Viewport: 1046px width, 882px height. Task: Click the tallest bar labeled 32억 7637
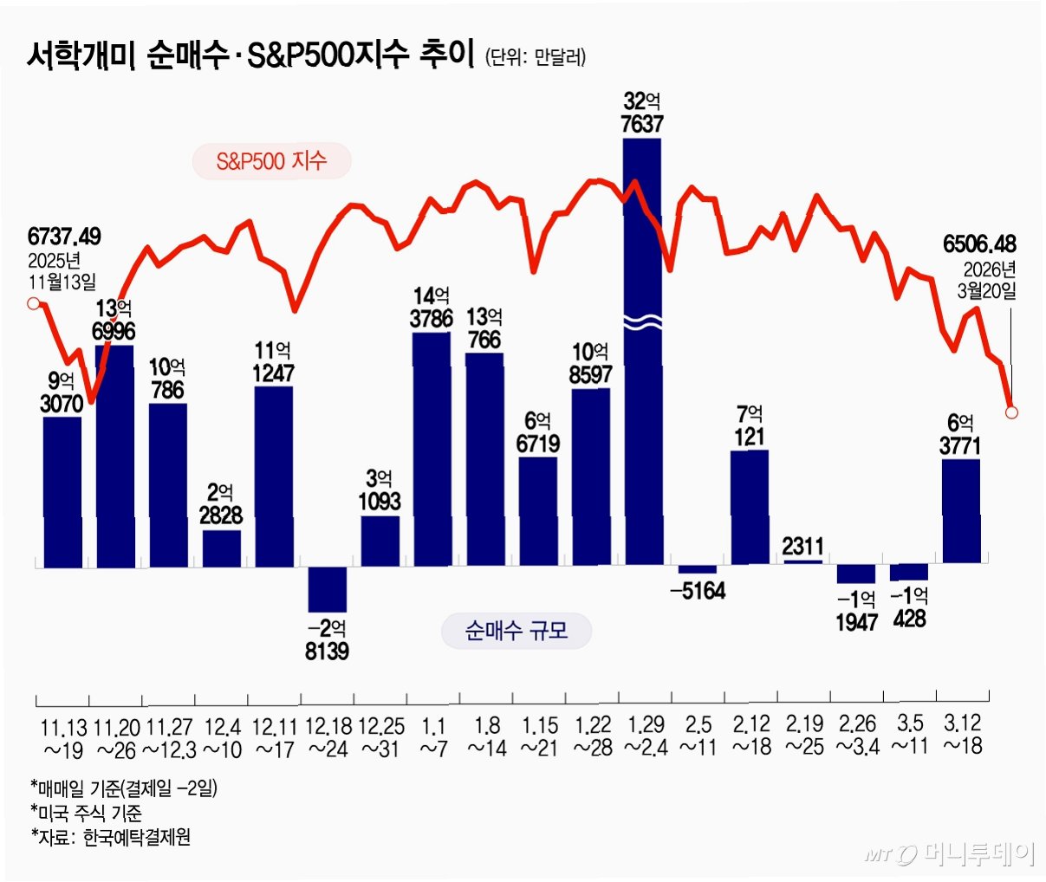(x=643, y=352)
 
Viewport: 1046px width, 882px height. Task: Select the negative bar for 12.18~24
(x=327, y=589)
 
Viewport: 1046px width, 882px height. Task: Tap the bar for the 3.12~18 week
(x=961, y=511)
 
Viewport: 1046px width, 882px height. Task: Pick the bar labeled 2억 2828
(x=222, y=548)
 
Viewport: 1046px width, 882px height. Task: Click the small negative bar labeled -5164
(x=698, y=569)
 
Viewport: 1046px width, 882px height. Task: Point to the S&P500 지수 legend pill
(x=271, y=161)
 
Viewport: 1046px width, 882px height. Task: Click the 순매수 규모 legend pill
(x=516, y=630)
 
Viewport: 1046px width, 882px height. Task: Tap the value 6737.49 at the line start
(x=64, y=237)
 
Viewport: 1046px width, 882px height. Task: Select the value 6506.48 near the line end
(x=979, y=244)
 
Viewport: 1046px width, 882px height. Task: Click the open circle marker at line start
(x=34, y=303)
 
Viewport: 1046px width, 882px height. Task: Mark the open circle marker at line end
(x=1011, y=412)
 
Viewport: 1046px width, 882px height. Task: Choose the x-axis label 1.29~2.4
(x=646, y=736)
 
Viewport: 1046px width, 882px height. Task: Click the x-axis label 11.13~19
(x=63, y=738)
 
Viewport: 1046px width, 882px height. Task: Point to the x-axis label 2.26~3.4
(x=858, y=735)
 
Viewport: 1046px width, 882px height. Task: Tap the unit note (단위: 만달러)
(x=535, y=57)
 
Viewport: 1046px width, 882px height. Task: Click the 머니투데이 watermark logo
(x=949, y=854)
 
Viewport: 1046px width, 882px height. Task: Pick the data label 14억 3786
(x=431, y=308)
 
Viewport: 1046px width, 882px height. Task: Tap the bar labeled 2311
(x=803, y=562)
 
